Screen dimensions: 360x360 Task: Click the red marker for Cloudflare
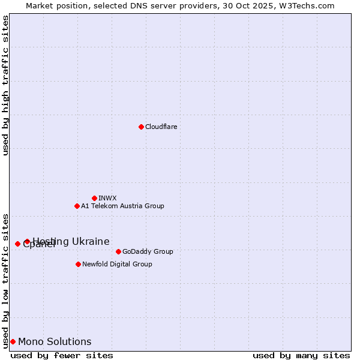coord(141,127)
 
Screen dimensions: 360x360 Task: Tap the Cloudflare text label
coord(161,127)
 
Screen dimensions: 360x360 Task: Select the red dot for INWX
coord(94,198)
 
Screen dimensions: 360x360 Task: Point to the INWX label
coord(107,198)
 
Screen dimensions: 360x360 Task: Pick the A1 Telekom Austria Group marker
coord(77,206)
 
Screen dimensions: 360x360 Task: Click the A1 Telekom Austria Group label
coord(122,206)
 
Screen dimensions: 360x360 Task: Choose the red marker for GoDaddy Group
coord(118,251)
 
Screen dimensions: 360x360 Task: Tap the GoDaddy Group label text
coord(148,251)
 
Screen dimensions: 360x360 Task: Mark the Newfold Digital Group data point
coord(78,264)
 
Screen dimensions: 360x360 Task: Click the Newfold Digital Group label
coord(117,264)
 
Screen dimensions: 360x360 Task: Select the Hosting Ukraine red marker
coord(27,241)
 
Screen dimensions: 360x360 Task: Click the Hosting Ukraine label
coord(71,241)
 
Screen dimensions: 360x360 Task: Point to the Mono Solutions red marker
coord(13,341)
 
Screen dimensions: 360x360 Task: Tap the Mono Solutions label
coord(55,341)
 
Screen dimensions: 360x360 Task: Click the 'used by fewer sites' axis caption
coord(62,355)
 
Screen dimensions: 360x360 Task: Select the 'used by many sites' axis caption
coord(301,355)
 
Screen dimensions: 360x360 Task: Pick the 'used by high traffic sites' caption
coord(5,85)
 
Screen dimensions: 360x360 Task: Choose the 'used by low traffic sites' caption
coord(5,281)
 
